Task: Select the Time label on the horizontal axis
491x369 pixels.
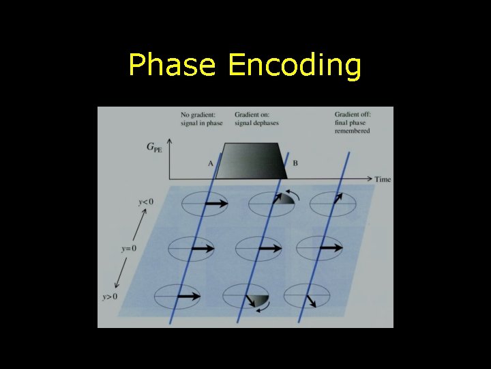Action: coord(383,179)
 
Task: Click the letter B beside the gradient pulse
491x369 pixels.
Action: coord(295,163)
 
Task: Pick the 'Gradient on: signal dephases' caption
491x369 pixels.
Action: coord(257,118)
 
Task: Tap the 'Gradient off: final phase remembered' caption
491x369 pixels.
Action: coord(353,122)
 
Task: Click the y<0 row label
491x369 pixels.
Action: coord(145,202)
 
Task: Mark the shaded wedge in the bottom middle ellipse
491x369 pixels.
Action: coord(258,299)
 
